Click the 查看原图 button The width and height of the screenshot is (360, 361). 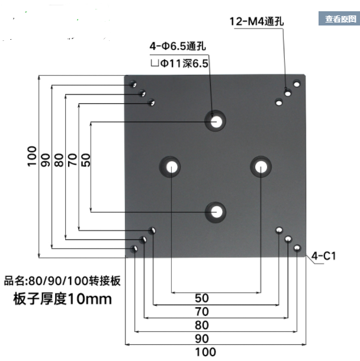click(x=339, y=19)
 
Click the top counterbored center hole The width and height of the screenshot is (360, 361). click(x=216, y=121)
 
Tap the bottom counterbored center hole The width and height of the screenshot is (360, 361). click(x=216, y=210)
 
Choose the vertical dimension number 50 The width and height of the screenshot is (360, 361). click(x=86, y=160)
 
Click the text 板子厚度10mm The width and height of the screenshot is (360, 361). click(x=62, y=299)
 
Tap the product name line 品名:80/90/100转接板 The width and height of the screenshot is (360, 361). click(x=62, y=281)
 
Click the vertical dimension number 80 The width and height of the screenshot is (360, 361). click(x=58, y=160)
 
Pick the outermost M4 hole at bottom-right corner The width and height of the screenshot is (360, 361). click(x=297, y=248)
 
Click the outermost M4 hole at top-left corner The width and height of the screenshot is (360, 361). click(x=134, y=84)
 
